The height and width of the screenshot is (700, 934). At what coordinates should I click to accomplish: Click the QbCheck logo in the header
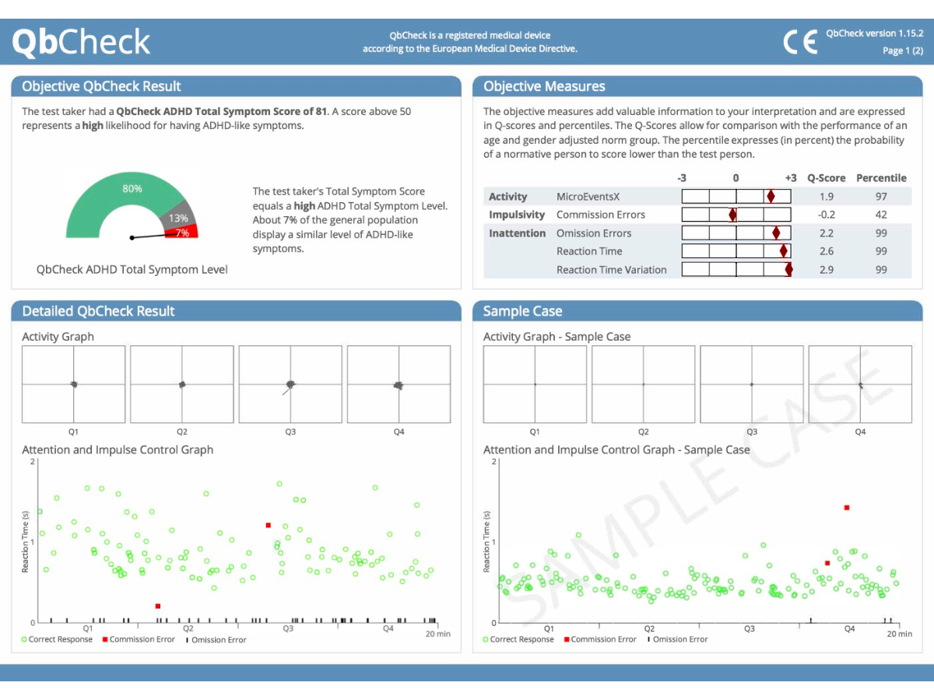click(x=81, y=42)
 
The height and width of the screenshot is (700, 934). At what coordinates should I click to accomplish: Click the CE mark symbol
click(x=800, y=42)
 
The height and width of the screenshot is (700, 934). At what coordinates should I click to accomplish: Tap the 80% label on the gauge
click(x=132, y=189)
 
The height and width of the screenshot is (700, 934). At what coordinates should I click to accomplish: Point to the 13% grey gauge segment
click(x=177, y=219)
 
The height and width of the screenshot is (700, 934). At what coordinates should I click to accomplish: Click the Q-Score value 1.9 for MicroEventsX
click(x=826, y=197)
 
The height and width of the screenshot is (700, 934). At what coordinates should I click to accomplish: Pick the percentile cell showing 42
click(x=881, y=215)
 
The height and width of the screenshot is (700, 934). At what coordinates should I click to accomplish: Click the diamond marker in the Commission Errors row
click(x=732, y=215)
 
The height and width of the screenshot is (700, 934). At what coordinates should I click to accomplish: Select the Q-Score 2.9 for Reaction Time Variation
click(x=826, y=270)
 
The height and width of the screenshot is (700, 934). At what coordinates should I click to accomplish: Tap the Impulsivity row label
click(x=517, y=215)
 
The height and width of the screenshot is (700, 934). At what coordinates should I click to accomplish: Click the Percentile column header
click(x=881, y=178)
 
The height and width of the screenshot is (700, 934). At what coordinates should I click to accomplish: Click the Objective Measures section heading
click(x=544, y=86)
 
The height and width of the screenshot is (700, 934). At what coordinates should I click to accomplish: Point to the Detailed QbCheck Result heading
click(x=98, y=311)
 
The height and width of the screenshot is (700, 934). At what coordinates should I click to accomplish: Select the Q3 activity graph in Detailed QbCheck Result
click(x=290, y=384)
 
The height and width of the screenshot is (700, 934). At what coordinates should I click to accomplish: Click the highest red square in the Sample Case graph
click(x=846, y=508)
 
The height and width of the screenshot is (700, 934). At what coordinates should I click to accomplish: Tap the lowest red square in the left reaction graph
click(x=158, y=606)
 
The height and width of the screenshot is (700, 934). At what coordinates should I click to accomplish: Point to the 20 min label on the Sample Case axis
click(x=899, y=634)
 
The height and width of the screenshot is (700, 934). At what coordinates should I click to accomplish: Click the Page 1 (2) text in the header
click(x=902, y=51)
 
